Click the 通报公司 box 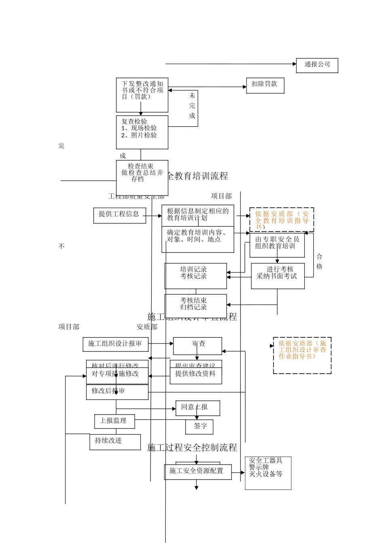[317, 65]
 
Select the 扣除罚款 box [265, 85]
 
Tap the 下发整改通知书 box [142, 95]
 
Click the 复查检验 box [142, 132]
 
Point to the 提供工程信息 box [119, 215]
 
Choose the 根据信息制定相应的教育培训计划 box [198, 215]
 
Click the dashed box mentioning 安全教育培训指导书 [281, 220]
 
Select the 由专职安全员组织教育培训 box [277, 245]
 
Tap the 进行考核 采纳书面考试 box [278, 276]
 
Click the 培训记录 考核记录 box [196, 276]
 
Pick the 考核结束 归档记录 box [196, 306]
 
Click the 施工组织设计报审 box [115, 344]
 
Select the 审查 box [197, 346]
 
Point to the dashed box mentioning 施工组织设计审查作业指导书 [302, 355]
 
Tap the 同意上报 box [198, 408]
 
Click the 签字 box [199, 426]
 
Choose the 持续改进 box [115, 442]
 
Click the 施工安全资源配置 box [198, 471]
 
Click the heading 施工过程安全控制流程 [192, 448]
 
